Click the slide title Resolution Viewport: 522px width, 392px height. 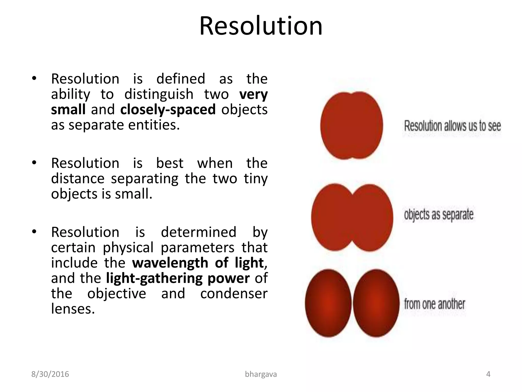261,26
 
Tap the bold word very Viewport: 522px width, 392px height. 253,95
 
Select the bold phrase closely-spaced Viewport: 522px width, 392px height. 168,110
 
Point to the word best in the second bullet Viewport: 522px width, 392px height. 169,163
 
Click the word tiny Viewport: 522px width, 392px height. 255,179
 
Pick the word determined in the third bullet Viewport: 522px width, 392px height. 199,232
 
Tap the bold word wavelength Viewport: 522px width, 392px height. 170,263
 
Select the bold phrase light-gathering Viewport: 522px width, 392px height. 153,278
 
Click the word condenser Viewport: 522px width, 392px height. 234,294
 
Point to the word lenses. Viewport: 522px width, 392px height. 73,309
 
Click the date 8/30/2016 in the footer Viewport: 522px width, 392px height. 50,374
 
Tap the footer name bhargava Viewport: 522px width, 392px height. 261,374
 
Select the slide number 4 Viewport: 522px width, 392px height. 488,374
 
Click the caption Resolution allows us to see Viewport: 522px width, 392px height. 452,126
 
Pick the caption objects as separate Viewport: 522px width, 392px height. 439,214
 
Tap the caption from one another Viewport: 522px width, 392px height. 435,304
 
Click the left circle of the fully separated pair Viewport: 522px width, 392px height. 328,303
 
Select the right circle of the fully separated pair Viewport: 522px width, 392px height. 376,303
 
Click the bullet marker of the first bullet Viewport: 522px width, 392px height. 34,79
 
